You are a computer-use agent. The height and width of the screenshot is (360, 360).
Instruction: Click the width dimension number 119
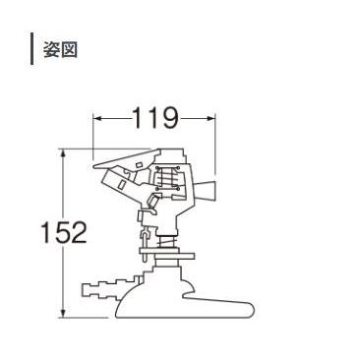[x=155, y=120]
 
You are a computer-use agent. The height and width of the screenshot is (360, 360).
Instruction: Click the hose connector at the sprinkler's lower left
[x=99, y=290]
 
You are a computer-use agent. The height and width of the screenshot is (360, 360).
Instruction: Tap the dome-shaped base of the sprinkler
[x=162, y=295]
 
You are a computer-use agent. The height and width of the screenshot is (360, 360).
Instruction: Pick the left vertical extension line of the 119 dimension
[x=94, y=133]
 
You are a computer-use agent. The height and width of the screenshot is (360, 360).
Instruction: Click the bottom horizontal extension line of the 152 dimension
[x=89, y=316]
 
